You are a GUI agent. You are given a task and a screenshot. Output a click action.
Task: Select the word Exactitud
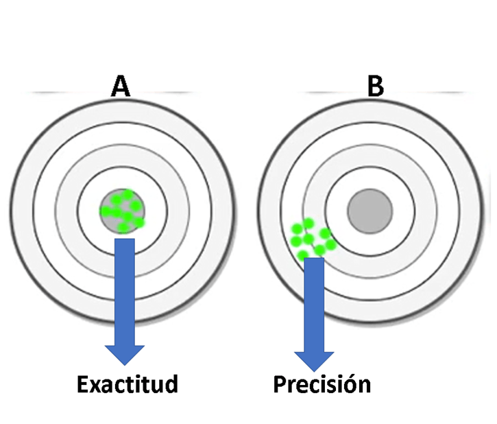click(x=128, y=384)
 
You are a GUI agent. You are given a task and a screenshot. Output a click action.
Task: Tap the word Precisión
click(x=322, y=384)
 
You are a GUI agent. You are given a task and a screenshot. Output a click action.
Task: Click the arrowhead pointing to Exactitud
click(x=125, y=353)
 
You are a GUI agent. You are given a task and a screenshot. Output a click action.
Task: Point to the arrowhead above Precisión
click(x=314, y=360)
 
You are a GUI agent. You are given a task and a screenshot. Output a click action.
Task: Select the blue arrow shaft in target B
click(x=314, y=302)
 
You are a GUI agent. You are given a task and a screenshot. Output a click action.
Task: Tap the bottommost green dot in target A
click(x=123, y=227)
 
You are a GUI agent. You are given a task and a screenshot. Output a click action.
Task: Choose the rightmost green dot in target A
click(x=139, y=222)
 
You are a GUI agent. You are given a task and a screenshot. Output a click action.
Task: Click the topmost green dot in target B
click(x=308, y=223)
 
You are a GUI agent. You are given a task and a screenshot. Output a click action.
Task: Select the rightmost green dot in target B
click(x=331, y=244)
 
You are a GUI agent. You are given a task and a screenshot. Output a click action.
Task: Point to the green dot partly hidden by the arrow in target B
click(x=303, y=255)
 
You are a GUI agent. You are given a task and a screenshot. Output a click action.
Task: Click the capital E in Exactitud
click(x=84, y=384)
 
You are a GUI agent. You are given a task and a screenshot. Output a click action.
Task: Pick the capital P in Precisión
click(x=280, y=384)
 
